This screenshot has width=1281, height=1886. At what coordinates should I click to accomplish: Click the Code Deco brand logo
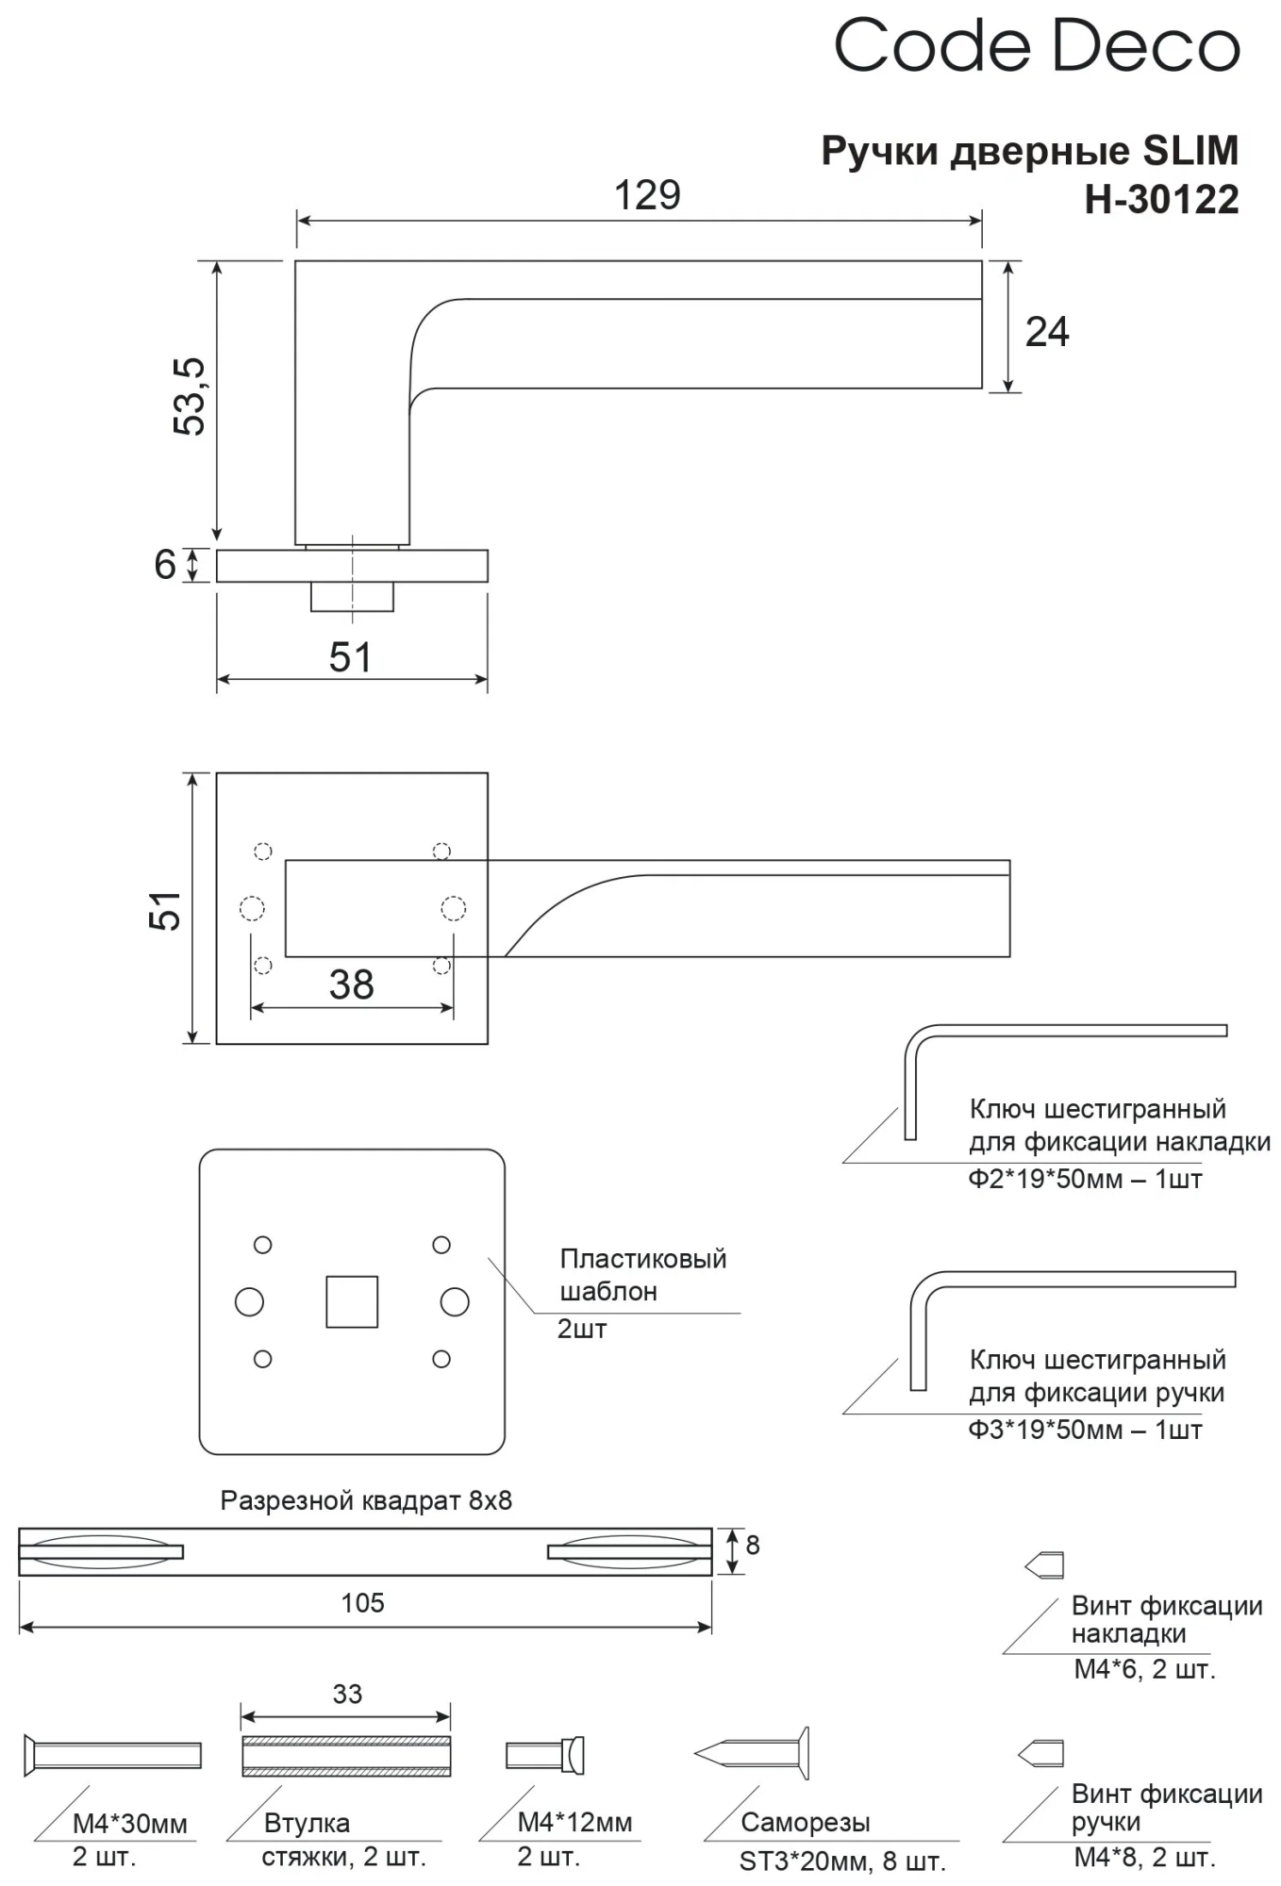pyautogui.click(x=1036, y=45)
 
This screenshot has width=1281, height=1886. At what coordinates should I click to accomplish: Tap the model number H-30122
pyautogui.click(x=1161, y=200)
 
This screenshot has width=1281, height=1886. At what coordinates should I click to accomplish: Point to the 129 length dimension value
pyautogui.click(x=647, y=195)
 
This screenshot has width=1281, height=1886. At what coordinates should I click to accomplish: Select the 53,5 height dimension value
pyautogui.click(x=190, y=396)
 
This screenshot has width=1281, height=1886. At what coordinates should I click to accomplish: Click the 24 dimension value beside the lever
pyautogui.click(x=1047, y=332)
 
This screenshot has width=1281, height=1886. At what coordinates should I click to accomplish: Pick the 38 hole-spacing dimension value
pyautogui.click(x=351, y=985)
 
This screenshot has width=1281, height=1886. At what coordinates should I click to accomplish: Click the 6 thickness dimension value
pyautogui.click(x=165, y=565)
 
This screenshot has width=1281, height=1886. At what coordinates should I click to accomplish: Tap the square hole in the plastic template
pyautogui.click(x=352, y=1302)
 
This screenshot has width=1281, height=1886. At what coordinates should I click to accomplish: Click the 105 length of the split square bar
pyautogui.click(x=363, y=1603)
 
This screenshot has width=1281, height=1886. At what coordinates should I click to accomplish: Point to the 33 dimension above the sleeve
pyautogui.click(x=347, y=1695)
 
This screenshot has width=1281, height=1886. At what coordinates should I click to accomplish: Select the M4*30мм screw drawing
pyautogui.click(x=112, y=1755)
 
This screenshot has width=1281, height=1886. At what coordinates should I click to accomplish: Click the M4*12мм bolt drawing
pyautogui.click(x=545, y=1755)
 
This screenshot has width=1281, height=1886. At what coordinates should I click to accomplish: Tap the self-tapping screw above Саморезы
pyautogui.click(x=752, y=1754)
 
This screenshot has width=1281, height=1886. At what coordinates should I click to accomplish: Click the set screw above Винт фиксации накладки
pyautogui.click(x=1044, y=1566)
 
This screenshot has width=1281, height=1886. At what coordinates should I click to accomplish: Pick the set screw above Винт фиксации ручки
pyautogui.click(x=1041, y=1753)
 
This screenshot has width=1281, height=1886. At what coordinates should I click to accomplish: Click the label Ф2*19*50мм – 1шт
pyautogui.click(x=1085, y=1180)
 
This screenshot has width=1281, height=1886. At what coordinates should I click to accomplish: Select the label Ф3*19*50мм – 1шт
pyautogui.click(x=1085, y=1431)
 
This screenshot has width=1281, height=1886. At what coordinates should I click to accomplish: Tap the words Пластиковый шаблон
pyautogui.click(x=642, y=1275)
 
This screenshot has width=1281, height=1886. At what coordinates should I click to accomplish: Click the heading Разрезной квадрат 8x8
pyautogui.click(x=366, y=1500)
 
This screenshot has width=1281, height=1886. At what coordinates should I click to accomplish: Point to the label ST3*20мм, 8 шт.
pyautogui.click(x=841, y=1861)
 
